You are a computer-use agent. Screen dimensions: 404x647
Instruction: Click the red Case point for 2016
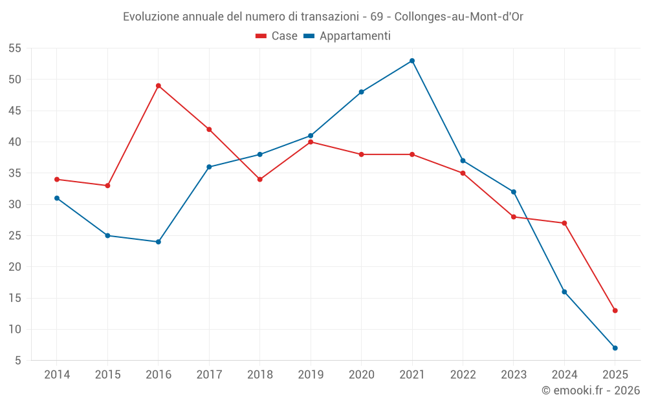pyautogui.click(x=159, y=85)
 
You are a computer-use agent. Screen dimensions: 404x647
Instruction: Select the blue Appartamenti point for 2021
pyautogui.click(x=412, y=61)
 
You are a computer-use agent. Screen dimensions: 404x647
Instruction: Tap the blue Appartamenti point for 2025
pyautogui.click(x=615, y=348)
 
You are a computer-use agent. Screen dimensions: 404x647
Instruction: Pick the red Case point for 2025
pyautogui.click(x=615, y=310)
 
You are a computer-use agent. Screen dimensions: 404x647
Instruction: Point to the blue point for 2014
pyautogui.click(x=57, y=198)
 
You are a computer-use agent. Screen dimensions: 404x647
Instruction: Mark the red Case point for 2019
pyautogui.click(x=311, y=142)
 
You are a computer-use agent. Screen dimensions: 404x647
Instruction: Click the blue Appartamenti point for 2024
pyautogui.click(x=564, y=292)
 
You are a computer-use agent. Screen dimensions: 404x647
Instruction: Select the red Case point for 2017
pyautogui.click(x=209, y=129)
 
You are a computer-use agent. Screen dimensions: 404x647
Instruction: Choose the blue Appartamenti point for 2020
pyautogui.click(x=361, y=92)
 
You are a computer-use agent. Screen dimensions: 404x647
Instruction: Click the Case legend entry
pyautogui.click(x=277, y=36)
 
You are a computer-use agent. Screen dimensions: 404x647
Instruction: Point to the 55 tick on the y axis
pyautogui.click(x=15, y=48)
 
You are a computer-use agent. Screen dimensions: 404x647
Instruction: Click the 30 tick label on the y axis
pyautogui.click(x=15, y=204)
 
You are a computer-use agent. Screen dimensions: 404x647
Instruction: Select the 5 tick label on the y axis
pyautogui.click(x=18, y=360)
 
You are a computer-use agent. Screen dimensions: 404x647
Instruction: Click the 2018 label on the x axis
pyautogui.click(x=259, y=375)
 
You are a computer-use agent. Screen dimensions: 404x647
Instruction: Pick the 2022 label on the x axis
pyautogui.click(x=463, y=375)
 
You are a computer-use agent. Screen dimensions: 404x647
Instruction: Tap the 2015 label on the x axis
pyautogui.click(x=107, y=375)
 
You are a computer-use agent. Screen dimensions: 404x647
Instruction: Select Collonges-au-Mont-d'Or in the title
pyautogui.click(x=458, y=17)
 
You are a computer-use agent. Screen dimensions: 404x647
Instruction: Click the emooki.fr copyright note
pyautogui.click(x=590, y=390)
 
